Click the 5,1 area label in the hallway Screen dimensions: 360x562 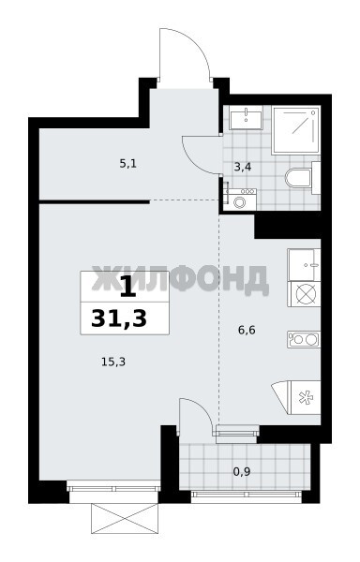click(128, 165)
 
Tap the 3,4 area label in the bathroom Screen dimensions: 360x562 click(243, 167)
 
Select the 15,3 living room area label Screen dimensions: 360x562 click(113, 362)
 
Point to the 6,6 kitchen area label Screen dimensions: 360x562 click(247, 330)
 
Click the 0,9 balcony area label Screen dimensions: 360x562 click(242, 472)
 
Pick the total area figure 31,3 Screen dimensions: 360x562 click(119, 318)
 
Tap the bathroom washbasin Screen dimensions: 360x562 click(246, 117)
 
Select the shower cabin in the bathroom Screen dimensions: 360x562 click(295, 130)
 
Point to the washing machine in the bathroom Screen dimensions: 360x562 click(239, 200)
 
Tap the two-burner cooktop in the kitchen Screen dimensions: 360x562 click(304, 339)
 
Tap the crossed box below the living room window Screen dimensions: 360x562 click(125, 518)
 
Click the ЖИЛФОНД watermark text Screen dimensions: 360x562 click(180, 279)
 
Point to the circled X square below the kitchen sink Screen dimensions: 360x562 click(304, 294)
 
